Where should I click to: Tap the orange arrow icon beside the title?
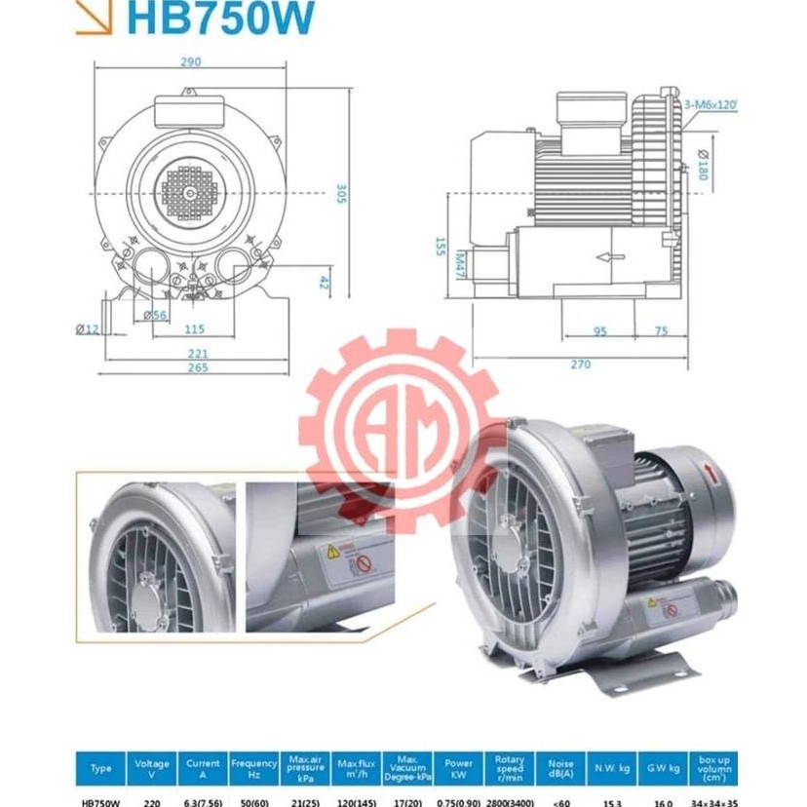[94, 19]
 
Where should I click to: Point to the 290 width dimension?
[191, 62]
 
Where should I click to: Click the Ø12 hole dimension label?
[89, 327]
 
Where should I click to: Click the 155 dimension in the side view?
[441, 246]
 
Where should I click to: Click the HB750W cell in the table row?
[100, 802]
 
